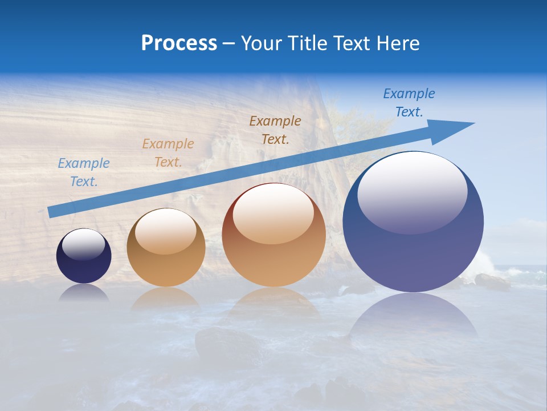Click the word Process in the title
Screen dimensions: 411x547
coord(179,43)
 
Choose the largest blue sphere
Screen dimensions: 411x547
coord(413,251)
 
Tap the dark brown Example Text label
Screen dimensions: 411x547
coord(275,130)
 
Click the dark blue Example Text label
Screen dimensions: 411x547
coord(409,103)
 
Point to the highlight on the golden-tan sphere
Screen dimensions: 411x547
coord(166,231)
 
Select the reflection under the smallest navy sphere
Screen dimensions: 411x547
coord(84,293)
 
